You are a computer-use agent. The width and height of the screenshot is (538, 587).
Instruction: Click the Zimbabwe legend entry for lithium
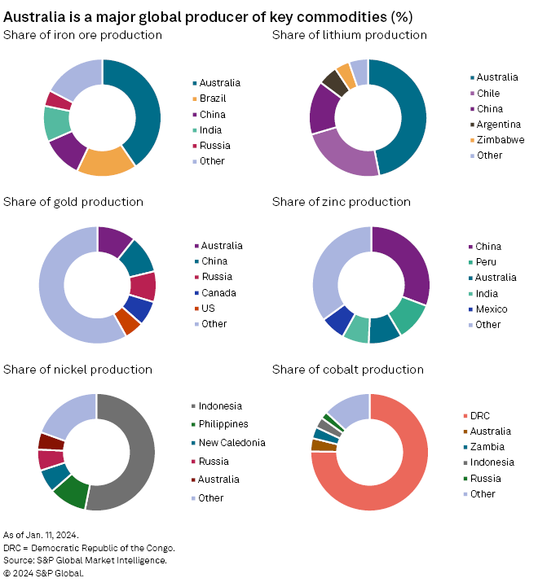click(x=500, y=140)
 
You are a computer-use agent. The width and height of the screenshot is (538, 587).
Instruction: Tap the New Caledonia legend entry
click(x=232, y=443)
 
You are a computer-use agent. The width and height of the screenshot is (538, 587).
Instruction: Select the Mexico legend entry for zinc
click(x=492, y=309)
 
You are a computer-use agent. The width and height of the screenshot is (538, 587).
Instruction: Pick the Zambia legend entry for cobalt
click(x=487, y=447)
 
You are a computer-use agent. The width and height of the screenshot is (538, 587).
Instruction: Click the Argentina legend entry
click(x=498, y=125)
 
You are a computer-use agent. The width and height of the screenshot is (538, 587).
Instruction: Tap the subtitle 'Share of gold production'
click(x=73, y=202)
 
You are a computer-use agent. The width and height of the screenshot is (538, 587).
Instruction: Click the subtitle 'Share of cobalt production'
click(x=347, y=370)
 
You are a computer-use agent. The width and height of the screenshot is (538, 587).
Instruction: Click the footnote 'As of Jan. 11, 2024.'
click(x=41, y=535)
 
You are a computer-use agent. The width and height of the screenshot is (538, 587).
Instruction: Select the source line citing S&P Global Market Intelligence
click(x=85, y=560)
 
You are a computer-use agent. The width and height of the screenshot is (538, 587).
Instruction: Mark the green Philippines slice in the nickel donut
click(x=71, y=491)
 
